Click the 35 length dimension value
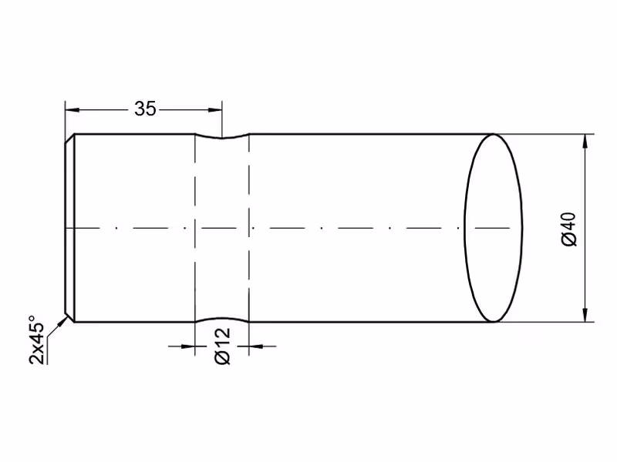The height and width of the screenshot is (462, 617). coord(145,109)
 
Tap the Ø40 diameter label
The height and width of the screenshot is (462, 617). coord(569,229)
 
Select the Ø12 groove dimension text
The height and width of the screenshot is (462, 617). coord(222,346)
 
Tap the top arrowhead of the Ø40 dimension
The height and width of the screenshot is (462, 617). coord(585,141)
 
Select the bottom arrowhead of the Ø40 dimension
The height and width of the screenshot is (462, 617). coord(585,315)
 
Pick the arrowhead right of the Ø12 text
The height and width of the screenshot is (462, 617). coord(256,346)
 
